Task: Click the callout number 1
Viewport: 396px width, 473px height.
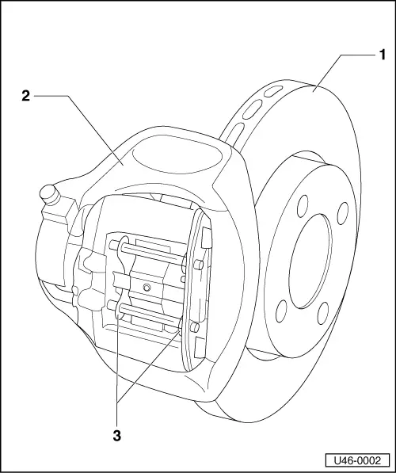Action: click(382, 55)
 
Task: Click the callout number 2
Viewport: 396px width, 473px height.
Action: click(26, 96)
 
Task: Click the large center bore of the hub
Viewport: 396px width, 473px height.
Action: click(306, 261)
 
